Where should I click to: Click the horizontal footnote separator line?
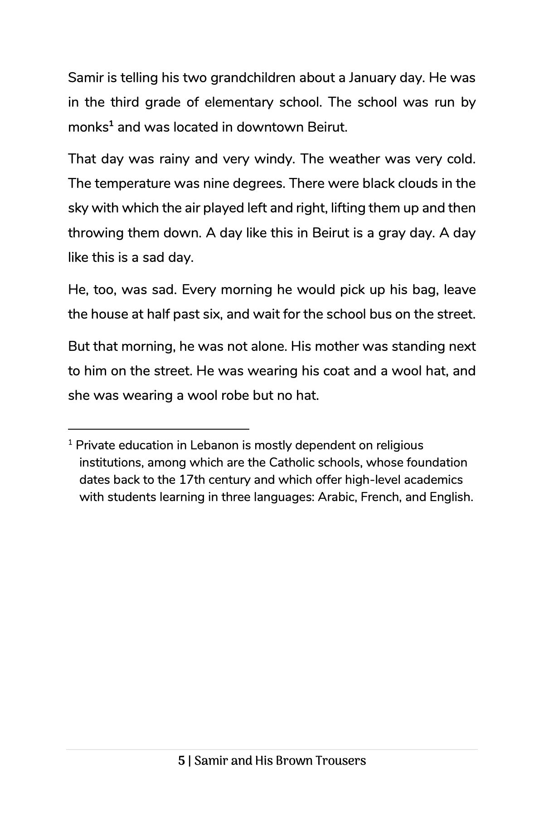[159, 428]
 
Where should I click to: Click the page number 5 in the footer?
[181, 761]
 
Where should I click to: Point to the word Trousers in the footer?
[340, 761]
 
